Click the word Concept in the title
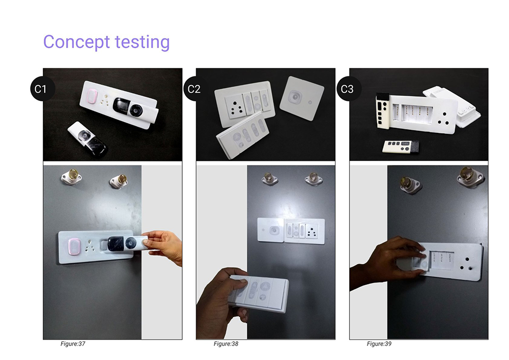pos(77,42)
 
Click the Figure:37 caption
pos(73,344)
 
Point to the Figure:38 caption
pos(226,344)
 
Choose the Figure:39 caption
pos(379,344)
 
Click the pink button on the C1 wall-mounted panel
pos(74,247)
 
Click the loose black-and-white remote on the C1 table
pos(88,139)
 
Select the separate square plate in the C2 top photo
pos(301,98)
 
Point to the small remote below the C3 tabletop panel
pos(401,147)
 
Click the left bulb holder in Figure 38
pos(270,179)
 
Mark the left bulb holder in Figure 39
pos(411,185)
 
